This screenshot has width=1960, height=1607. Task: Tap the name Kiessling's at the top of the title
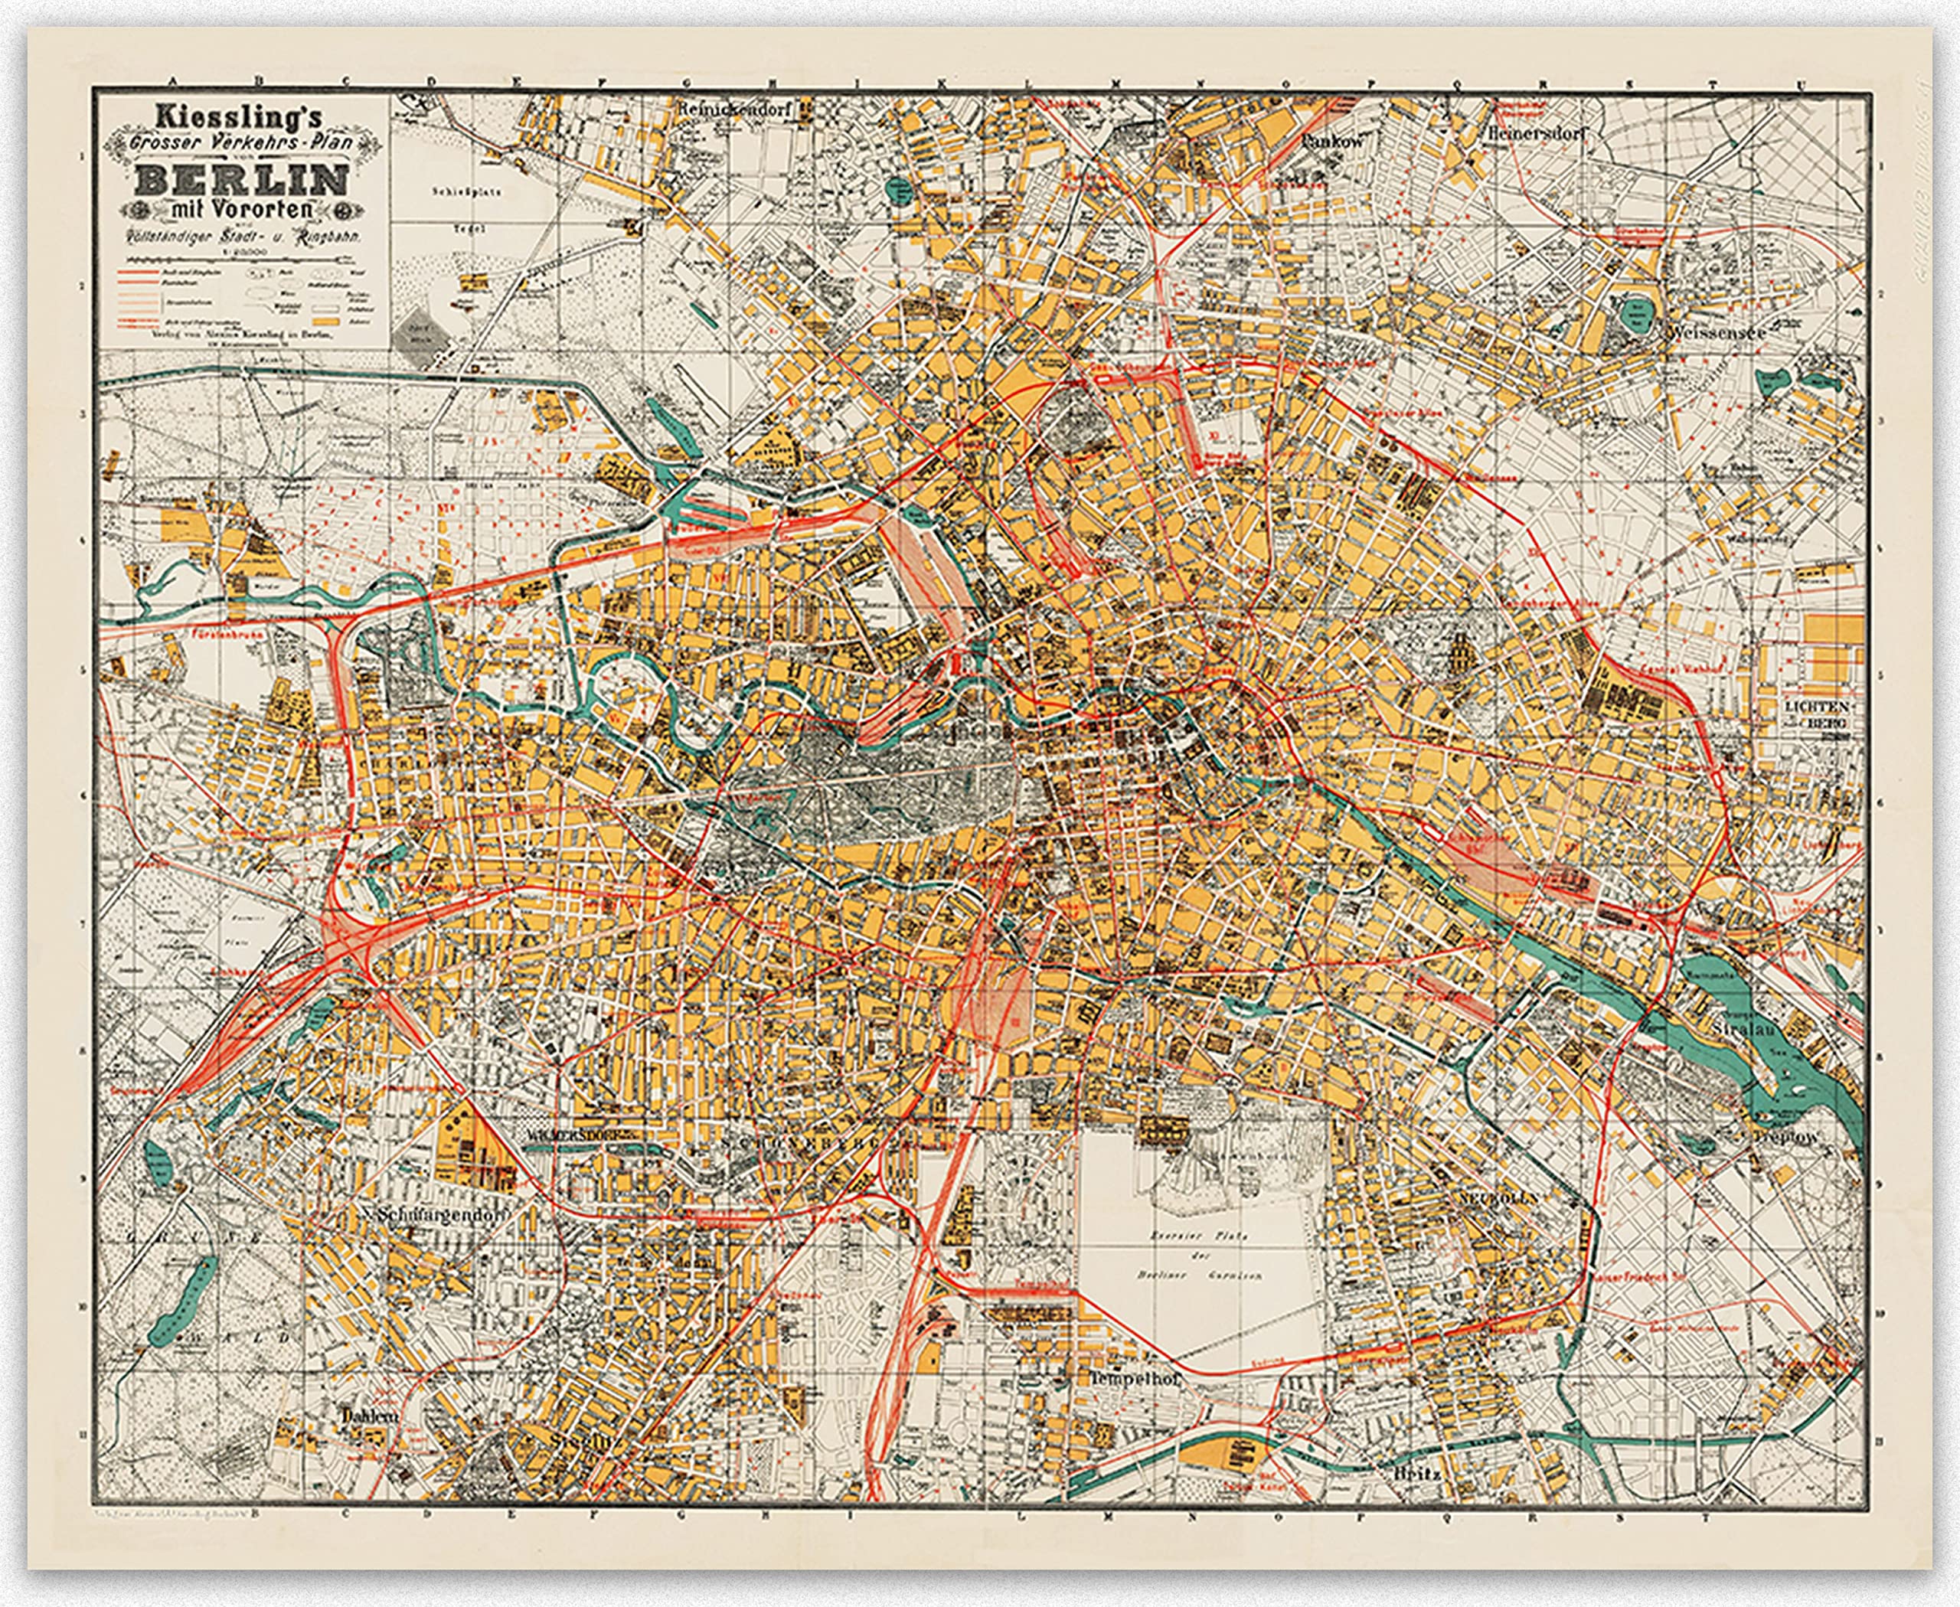coord(239,118)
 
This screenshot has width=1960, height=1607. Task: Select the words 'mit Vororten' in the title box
coord(243,209)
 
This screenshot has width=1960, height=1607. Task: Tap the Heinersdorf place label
coord(1536,134)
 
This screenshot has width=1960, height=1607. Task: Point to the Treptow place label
coord(1786,1137)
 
